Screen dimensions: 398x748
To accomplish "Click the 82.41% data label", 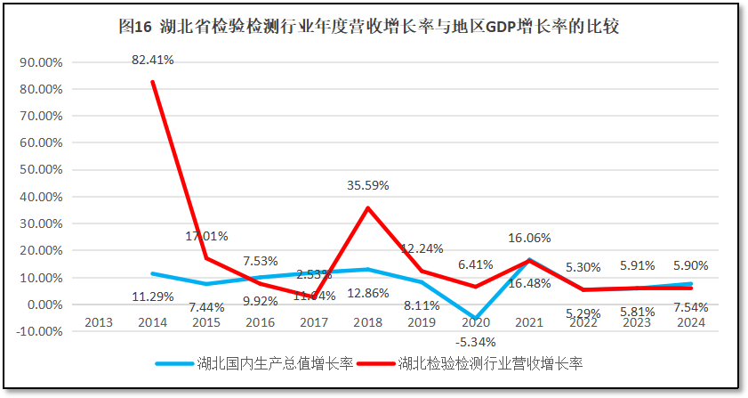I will click(x=152, y=61).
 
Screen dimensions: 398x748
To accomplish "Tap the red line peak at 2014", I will click(x=153, y=82).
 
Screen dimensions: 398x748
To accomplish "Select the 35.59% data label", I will click(x=368, y=186).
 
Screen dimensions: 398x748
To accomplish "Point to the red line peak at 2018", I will click(x=368, y=207).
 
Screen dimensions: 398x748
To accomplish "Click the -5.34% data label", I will click(x=476, y=342).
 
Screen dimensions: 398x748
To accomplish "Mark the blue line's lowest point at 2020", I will click(x=476, y=319).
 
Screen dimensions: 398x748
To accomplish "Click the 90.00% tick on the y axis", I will click(x=40, y=63).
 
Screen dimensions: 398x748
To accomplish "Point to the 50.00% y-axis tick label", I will click(x=40, y=170).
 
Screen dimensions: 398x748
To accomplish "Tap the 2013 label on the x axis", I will click(x=99, y=322).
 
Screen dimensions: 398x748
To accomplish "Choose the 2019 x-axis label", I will click(x=422, y=322).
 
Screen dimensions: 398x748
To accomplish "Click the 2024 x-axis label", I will click(x=690, y=322).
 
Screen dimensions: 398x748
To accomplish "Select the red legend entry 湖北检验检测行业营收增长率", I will click(x=489, y=363).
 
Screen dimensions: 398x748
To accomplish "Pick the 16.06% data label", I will click(x=529, y=238).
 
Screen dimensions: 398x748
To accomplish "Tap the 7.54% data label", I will click(x=690, y=307).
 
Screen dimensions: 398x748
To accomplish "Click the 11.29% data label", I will click(x=152, y=297).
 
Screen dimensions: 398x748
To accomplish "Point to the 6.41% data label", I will click(x=476, y=264).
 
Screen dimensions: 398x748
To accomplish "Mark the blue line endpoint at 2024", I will click(x=690, y=284).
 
